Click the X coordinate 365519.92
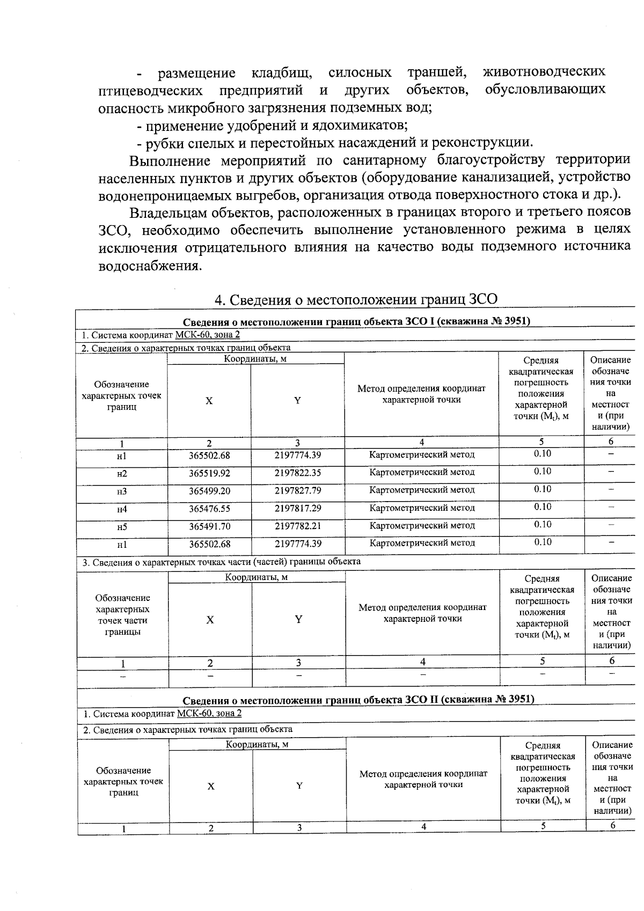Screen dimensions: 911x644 (209, 473)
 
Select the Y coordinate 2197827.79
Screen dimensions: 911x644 (298, 490)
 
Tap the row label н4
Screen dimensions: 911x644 (122, 509)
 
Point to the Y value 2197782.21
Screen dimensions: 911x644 (298, 526)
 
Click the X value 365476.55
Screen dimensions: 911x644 (209, 508)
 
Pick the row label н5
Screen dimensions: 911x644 (122, 527)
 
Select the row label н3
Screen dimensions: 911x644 (122, 491)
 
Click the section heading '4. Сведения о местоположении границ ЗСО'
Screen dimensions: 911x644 (356, 299)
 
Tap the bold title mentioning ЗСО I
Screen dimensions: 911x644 (356, 321)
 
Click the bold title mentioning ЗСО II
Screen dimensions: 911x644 (358, 700)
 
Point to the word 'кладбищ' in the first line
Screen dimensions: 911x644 (282, 72)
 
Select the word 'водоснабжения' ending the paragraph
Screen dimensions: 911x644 (150, 266)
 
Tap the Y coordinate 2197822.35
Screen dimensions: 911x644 (298, 473)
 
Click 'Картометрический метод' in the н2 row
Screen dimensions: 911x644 (422, 472)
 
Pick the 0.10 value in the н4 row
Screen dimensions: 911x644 (542, 506)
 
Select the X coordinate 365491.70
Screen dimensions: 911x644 (209, 526)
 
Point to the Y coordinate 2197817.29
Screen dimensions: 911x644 (298, 508)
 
